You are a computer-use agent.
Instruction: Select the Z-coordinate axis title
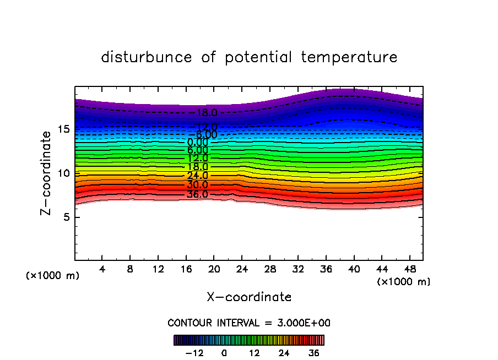(47, 173)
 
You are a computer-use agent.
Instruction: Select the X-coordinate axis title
(249, 297)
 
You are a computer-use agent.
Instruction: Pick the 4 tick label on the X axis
(102, 270)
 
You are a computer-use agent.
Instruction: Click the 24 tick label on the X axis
(242, 270)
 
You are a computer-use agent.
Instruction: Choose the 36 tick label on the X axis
(326, 270)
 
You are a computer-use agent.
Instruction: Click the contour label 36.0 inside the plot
(197, 194)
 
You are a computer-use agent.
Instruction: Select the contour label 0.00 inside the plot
(197, 143)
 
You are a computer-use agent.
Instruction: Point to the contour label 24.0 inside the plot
(197, 176)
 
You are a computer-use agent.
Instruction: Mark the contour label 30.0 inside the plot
(197, 185)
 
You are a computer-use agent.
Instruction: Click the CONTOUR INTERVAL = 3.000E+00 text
(249, 323)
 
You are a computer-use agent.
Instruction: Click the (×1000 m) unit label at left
(53, 276)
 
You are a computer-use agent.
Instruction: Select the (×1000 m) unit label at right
(404, 282)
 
